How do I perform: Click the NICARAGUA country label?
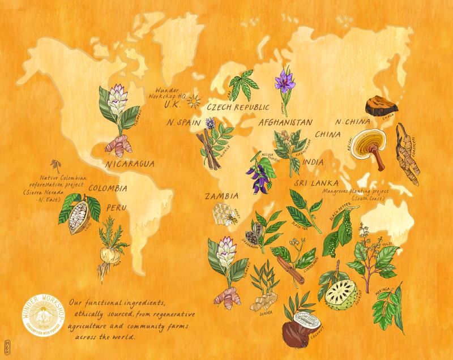click(130, 164)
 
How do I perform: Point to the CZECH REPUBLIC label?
click(238, 106)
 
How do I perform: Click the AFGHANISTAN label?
click(285, 122)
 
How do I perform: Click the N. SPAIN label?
click(182, 122)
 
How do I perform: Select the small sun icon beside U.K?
click(195, 101)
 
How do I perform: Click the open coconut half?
click(309, 319)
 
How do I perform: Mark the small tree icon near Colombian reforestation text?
click(55, 165)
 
